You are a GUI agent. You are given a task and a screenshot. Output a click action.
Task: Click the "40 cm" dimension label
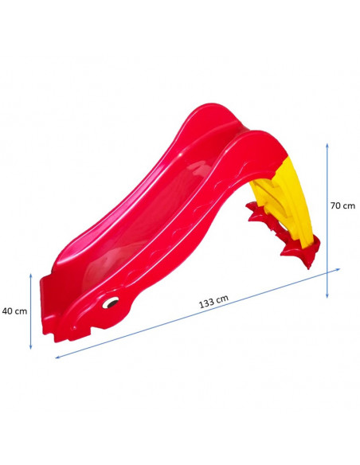click(14, 311)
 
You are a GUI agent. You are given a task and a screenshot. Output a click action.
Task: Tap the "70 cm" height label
click(342, 205)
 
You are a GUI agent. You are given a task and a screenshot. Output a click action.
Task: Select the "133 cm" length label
click(213, 302)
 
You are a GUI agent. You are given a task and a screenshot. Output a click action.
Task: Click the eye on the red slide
click(111, 303)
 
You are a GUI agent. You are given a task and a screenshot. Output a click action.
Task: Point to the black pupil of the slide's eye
click(112, 303)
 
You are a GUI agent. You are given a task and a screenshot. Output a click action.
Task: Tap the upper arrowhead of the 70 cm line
click(327, 146)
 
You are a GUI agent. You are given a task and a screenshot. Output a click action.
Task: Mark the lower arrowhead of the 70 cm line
click(327, 295)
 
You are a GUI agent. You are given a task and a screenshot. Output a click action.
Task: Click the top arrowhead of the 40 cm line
click(30, 275)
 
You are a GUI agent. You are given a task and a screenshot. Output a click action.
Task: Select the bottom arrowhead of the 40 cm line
click(30, 347)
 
